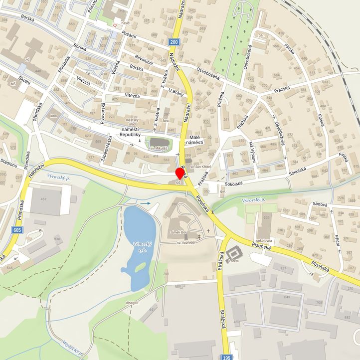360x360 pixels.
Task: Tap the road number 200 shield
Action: [174, 42]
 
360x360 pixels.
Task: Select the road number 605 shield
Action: [18, 229]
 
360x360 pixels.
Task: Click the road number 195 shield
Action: [227, 357]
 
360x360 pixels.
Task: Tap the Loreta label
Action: [233, 260]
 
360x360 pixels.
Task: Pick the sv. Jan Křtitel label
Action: [201, 166]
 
